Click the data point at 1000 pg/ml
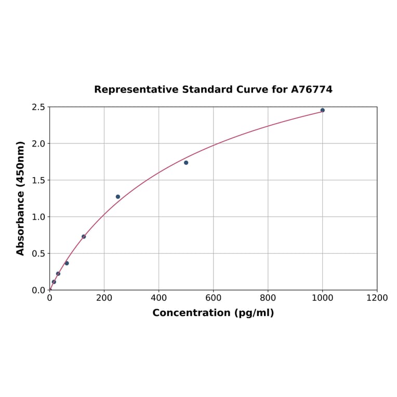[322, 110]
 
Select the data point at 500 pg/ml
[186, 163]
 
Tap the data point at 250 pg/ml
[118, 197]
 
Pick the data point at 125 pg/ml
[84, 236]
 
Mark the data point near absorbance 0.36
[67, 263]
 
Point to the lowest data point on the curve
[54, 282]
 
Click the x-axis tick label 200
[104, 298]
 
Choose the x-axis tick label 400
[158, 298]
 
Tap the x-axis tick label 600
[213, 298]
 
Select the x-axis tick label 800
[268, 298]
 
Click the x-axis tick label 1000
[322, 298]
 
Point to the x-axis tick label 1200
[377, 298]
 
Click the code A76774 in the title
[311, 89]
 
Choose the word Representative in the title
[136, 89]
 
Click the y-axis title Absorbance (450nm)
[21, 198]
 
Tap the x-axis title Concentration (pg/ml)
[213, 313]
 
